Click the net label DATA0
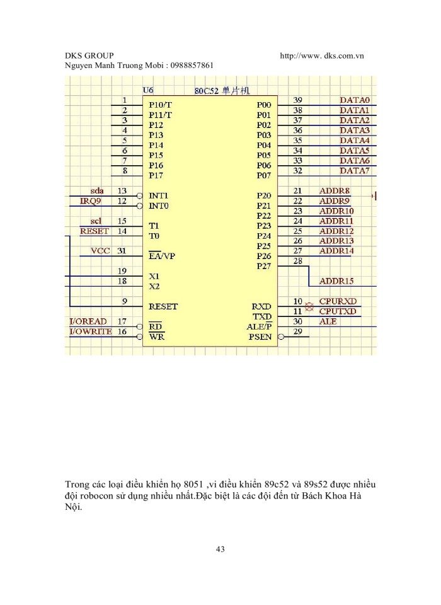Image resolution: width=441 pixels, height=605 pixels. [355, 100]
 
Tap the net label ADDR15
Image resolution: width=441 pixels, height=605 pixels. [337, 281]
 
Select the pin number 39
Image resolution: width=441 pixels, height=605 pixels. [298, 100]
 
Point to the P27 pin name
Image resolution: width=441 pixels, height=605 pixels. [263, 266]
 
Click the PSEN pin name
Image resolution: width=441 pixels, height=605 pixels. [260, 337]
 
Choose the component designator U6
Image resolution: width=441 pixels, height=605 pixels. [149, 90]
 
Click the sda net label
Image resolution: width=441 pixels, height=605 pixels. [97, 190]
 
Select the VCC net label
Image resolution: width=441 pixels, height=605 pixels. [100, 251]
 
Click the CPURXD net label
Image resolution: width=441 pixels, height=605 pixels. [338, 301]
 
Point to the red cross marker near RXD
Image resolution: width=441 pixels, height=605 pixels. [309, 307]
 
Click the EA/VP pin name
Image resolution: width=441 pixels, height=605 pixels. [162, 256]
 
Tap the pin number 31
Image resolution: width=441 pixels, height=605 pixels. [122, 251]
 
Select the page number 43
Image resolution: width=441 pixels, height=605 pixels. [220, 550]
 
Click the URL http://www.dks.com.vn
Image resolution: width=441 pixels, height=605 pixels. [322, 56]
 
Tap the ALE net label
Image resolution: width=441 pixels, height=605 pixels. [328, 321]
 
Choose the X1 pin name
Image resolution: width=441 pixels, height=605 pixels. [154, 276]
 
